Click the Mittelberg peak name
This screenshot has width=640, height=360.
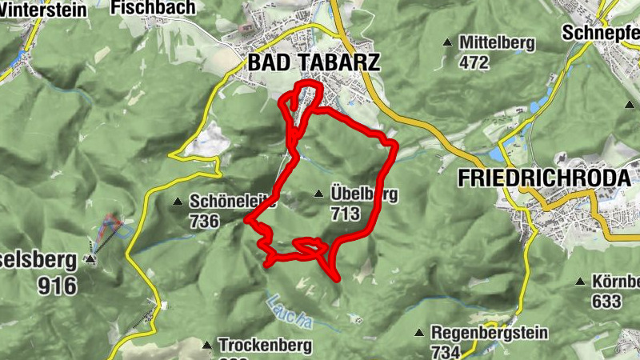click(x=497, y=42)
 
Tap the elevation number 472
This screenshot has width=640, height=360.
click(x=474, y=62)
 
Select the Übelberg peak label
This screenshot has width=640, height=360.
click(x=363, y=194)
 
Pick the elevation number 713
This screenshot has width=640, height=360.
click(x=345, y=214)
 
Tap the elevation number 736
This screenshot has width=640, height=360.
click(x=205, y=222)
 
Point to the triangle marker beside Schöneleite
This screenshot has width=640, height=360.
click(x=178, y=201)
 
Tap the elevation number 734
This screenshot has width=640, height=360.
click(x=444, y=352)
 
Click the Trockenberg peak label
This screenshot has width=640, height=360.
click(x=254, y=346)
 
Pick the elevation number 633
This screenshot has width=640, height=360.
click(x=606, y=302)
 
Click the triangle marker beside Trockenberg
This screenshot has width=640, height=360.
click(x=206, y=345)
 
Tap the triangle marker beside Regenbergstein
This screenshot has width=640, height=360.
click(x=418, y=332)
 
